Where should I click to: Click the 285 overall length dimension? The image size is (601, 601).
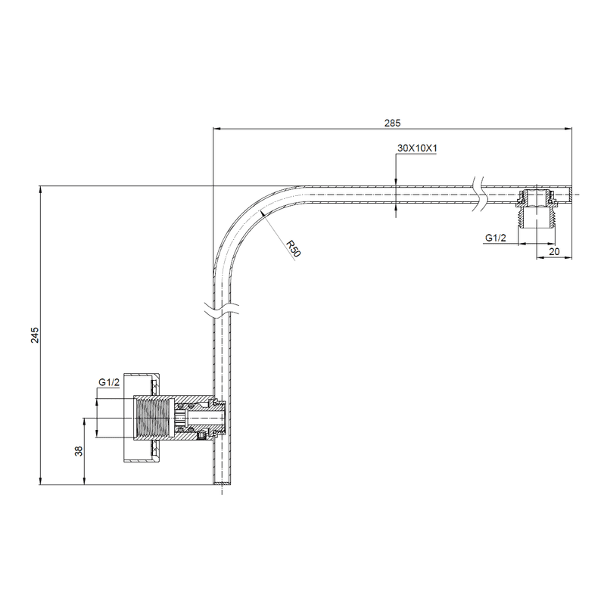point(391,121)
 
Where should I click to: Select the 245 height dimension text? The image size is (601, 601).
point(35,335)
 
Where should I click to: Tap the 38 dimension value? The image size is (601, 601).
point(78,451)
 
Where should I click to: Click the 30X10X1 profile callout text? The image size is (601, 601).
point(418,149)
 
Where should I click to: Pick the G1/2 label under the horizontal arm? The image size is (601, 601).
point(496,238)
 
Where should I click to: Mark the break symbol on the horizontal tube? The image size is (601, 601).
point(477,195)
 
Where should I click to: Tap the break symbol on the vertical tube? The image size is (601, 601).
point(220,309)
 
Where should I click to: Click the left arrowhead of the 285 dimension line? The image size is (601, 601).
point(216,129)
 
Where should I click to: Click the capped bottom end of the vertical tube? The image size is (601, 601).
point(220,482)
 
